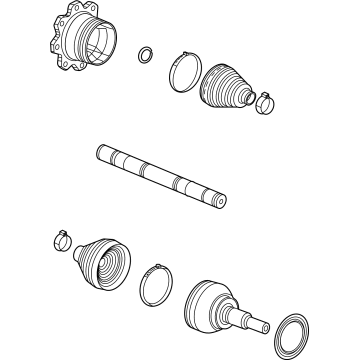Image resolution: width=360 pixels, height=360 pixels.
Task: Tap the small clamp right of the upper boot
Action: tap(265, 101)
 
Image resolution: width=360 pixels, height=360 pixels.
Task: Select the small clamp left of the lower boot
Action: tap(58, 240)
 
